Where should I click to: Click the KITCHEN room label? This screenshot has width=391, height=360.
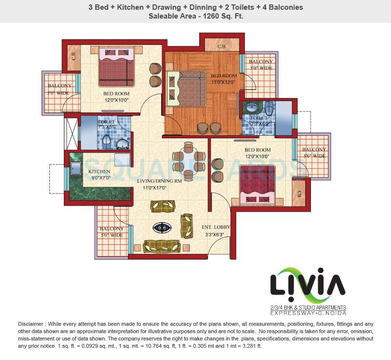pos(99,172)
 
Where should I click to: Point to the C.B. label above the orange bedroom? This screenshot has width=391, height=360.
pos(221,46)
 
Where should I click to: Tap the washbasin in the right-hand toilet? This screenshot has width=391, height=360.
pos(255,106)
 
